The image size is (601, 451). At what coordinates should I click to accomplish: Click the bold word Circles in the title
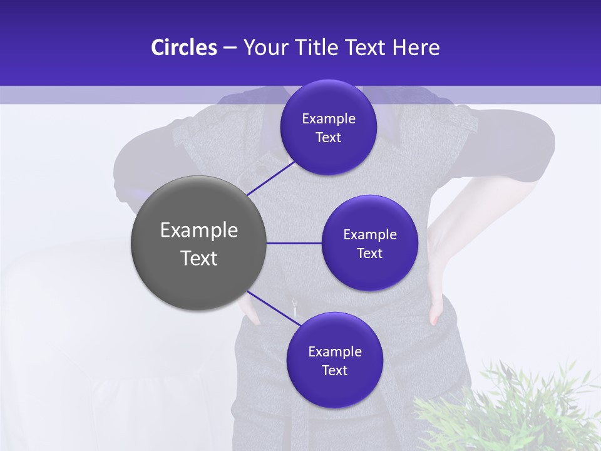183,48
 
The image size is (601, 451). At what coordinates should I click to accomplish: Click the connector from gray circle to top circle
270,178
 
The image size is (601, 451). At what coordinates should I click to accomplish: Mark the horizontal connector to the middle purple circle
294,243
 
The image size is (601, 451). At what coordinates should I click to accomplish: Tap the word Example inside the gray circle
198,231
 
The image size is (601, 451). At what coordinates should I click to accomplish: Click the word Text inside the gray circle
198,258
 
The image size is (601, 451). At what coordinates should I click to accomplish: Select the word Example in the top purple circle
328,119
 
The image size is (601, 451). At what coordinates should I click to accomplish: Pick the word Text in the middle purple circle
369,254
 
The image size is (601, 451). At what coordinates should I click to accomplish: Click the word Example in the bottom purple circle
334,352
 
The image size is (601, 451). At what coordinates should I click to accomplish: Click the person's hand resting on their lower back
438,307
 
